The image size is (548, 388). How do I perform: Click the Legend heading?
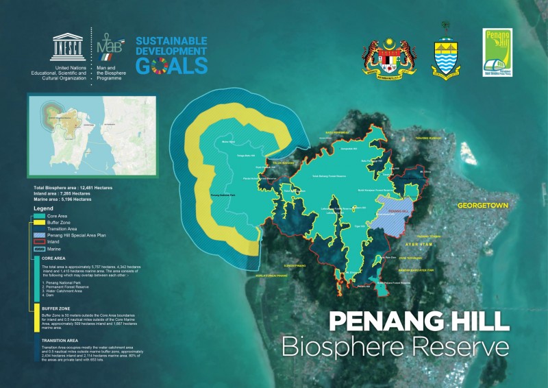[x=43, y=208]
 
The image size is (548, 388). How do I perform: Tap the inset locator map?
[x=91, y=138]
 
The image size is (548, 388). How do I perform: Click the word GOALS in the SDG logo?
[x=171, y=65]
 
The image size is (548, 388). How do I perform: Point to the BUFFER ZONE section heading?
[x=55, y=309]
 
